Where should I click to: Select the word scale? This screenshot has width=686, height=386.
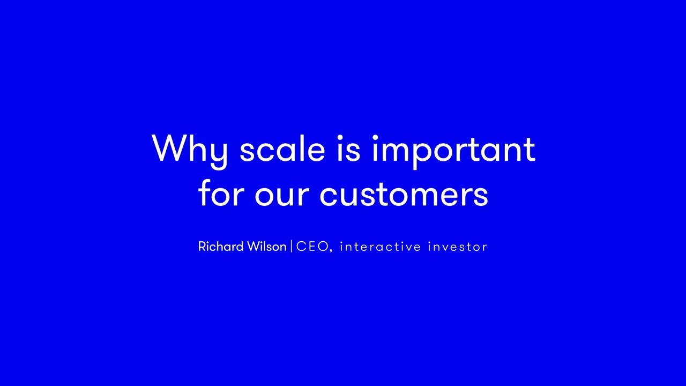coord(282,149)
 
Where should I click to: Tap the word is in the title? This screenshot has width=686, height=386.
coord(348,149)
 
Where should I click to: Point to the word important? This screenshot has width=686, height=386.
coord(454,152)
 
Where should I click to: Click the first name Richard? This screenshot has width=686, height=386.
coord(221,246)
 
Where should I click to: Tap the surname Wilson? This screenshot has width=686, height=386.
coord(267,246)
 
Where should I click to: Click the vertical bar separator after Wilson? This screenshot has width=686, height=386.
coord(291,247)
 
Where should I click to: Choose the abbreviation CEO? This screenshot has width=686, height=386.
coord(312,247)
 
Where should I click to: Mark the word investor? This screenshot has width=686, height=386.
coord(458,247)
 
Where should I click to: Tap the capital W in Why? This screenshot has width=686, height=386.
coord(170,149)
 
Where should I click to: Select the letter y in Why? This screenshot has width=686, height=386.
coord(217,155)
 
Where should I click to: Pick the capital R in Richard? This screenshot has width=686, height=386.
coord(203,247)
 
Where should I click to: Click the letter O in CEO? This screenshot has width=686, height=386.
coord(323,247)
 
